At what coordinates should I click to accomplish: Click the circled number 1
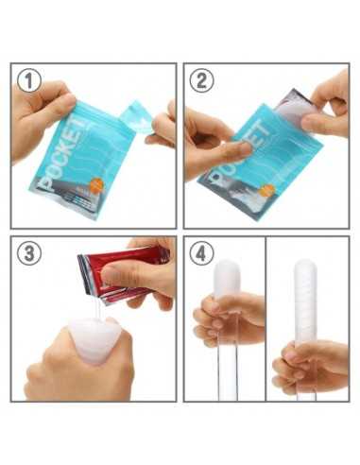tap(30, 82)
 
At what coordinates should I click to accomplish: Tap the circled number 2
tap(201, 82)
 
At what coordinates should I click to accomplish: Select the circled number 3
tap(30, 255)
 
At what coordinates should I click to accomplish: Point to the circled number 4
tap(201, 255)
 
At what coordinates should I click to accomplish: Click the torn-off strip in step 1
tap(137, 120)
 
